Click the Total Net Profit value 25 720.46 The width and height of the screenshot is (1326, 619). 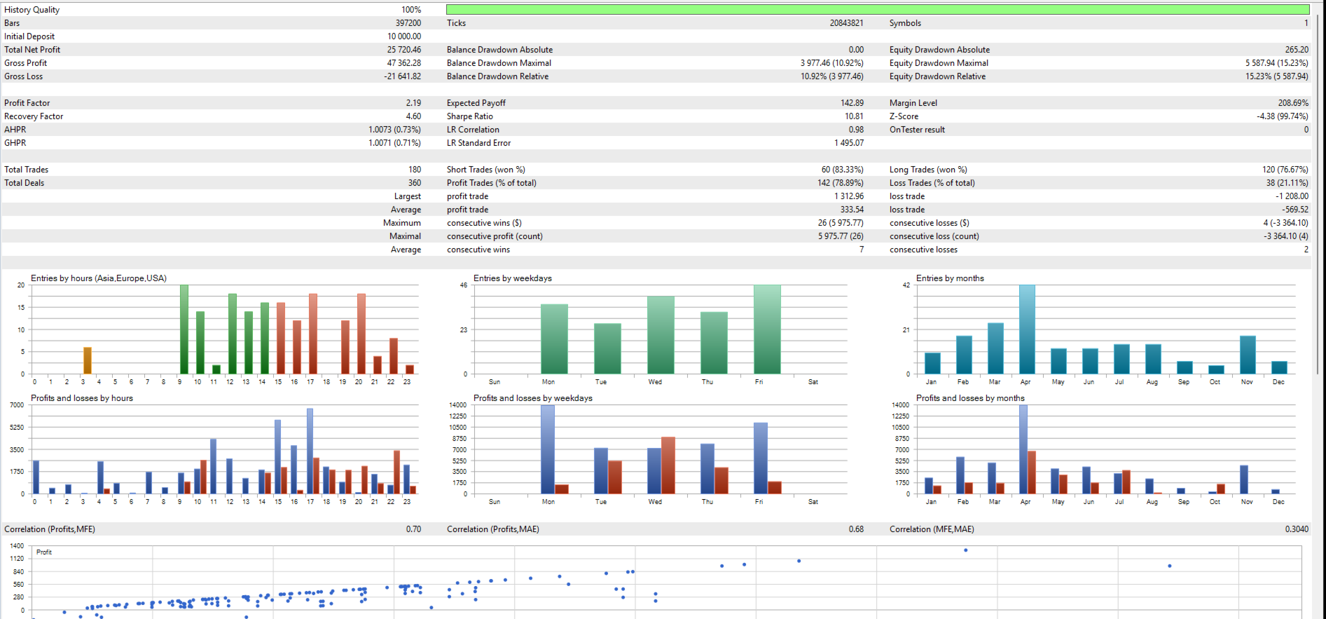404,50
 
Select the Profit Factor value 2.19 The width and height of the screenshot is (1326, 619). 413,103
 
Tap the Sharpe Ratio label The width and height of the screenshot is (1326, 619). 470,116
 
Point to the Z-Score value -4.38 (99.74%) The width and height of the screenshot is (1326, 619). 1282,116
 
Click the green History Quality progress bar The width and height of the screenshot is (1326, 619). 878,10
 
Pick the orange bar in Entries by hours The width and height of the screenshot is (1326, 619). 88,360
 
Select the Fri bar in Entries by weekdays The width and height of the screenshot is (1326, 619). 767,329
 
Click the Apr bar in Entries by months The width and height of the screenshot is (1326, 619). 1027,329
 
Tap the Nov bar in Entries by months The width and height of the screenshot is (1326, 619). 1248,355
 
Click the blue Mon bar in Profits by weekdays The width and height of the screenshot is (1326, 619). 548,449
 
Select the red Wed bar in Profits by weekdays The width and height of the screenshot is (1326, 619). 668,465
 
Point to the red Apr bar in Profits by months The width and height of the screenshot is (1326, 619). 1032,472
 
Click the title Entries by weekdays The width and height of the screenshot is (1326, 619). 513,278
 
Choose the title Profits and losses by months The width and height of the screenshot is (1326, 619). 970,398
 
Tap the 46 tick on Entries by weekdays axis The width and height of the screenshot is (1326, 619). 464,285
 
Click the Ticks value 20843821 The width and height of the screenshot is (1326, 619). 846,23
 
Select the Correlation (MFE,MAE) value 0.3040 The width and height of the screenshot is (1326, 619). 1297,529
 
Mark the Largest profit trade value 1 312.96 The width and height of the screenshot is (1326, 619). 849,196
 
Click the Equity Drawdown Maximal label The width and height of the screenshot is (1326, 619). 939,63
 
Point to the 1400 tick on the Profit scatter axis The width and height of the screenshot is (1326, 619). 17,546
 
